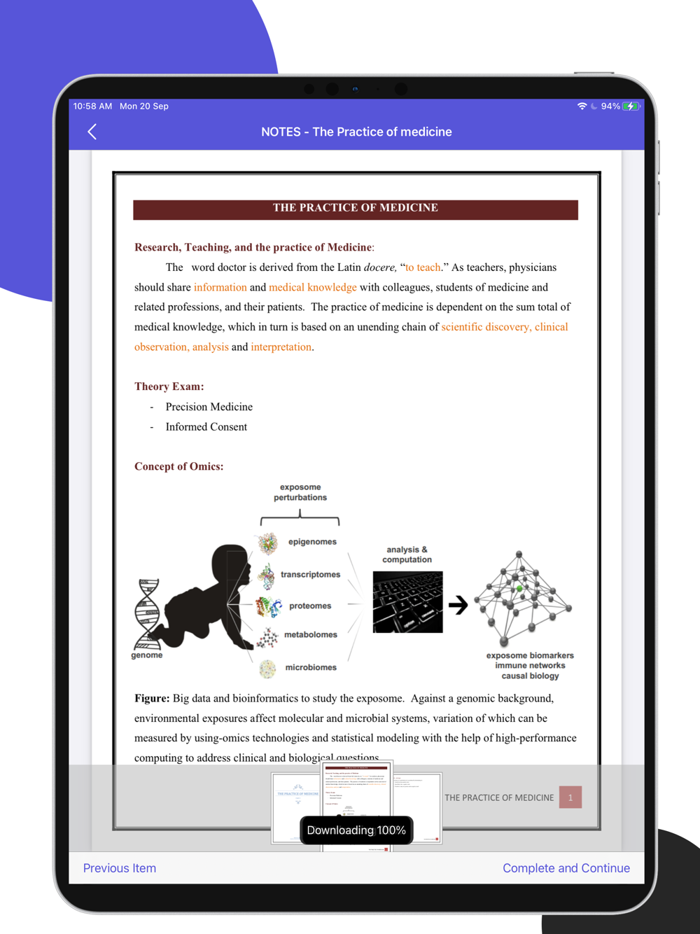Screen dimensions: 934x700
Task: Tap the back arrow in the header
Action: point(92,132)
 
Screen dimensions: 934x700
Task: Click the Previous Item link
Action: point(120,868)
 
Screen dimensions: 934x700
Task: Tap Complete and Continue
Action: point(566,868)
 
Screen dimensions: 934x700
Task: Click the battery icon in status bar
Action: point(631,106)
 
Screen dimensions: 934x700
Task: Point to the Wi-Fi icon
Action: point(582,106)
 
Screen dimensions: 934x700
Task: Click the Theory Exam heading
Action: point(169,386)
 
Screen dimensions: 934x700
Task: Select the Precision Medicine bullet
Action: point(209,407)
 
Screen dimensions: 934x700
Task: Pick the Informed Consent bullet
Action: point(206,427)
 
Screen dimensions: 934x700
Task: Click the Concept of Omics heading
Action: point(179,466)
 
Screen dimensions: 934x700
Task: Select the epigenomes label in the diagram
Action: point(312,542)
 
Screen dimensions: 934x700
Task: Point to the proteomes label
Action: point(310,606)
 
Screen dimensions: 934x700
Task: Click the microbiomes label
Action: point(311,668)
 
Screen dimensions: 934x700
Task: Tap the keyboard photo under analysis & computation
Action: point(407,602)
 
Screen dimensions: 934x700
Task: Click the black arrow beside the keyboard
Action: point(458,604)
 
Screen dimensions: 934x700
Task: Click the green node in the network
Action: point(519,589)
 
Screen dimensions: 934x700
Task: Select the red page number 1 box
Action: point(570,797)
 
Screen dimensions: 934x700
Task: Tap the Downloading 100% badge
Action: point(356,830)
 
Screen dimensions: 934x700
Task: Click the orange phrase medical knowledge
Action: point(313,287)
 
